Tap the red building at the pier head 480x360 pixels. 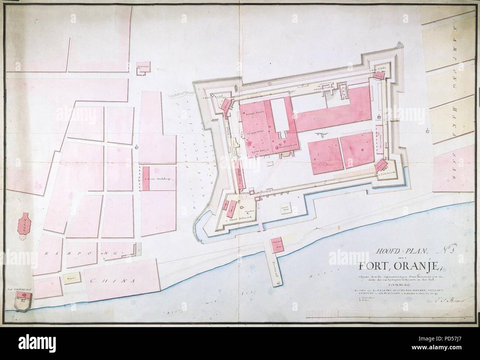point(277,245)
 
